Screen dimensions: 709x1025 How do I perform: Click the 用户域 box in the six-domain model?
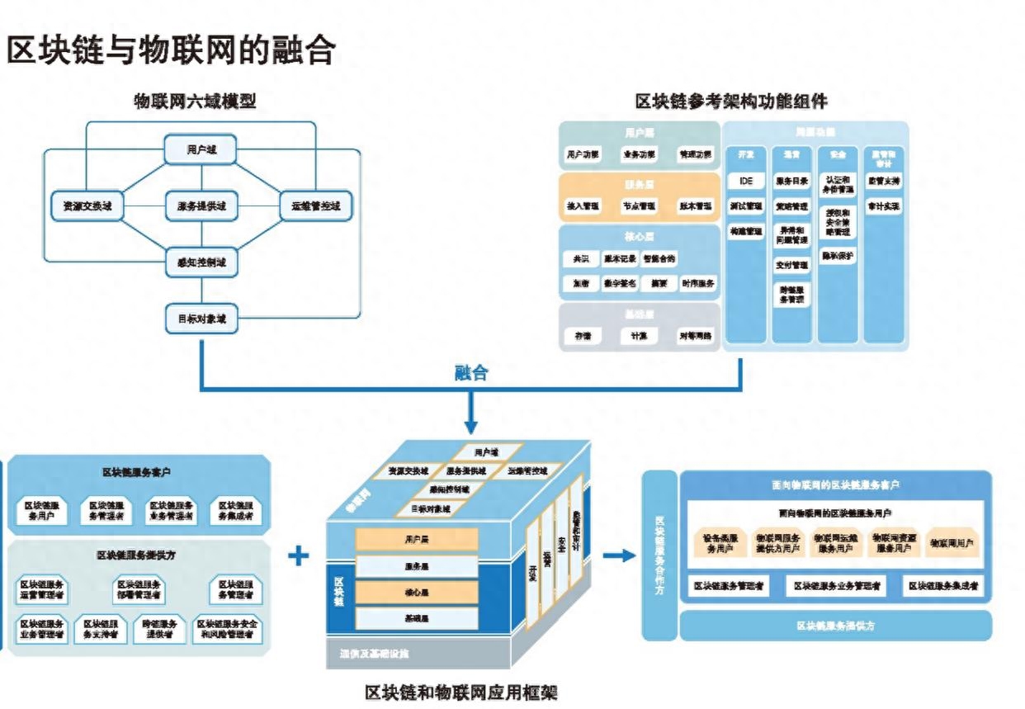(201, 150)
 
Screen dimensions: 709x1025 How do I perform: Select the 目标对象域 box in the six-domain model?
(201, 317)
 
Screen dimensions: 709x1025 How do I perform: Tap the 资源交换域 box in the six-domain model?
(87, 206)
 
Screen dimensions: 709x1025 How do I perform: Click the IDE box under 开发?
(746, 181)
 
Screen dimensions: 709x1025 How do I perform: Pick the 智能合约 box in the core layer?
(659, 259)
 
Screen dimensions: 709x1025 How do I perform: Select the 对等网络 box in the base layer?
(695, 336)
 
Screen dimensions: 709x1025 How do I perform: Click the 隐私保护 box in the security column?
(838, 257)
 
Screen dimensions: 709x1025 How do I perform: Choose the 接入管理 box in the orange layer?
(582, 206)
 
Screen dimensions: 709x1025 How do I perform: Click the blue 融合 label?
(471, 373)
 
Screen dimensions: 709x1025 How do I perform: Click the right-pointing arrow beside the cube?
(619, 555)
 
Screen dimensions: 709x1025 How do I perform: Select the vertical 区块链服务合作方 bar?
(659, 555)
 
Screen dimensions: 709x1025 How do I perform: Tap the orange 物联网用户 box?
(952, 542)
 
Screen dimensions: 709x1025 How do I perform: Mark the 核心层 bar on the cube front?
(417, 593)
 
